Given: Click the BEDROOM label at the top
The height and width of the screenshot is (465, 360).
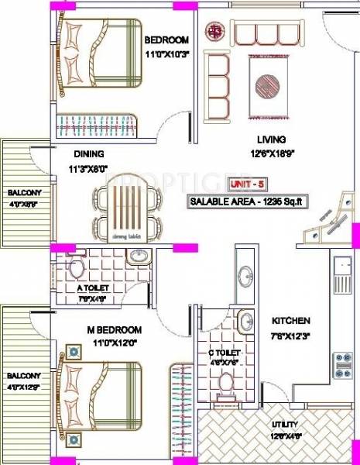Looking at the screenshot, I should pos(166,40).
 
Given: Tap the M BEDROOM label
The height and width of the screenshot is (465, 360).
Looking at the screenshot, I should pos(111,329).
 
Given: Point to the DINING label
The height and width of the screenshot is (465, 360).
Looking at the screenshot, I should pos(89,153).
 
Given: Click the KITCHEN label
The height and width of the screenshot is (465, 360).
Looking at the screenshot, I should pos(290,320).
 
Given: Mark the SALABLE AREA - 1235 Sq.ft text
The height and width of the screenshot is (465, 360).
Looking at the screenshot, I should pos(247,201).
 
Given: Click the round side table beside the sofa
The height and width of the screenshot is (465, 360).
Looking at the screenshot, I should pos(214,32).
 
